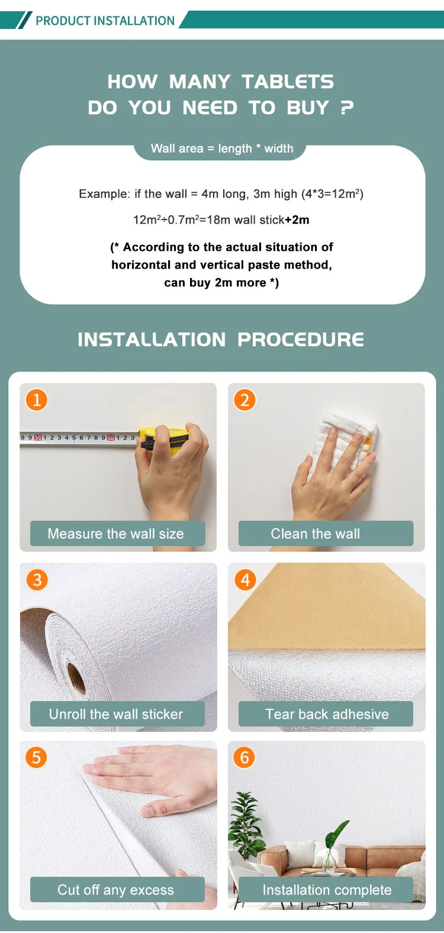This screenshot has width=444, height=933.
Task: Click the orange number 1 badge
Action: (37, 400)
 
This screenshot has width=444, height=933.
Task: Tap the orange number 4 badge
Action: (245, 579)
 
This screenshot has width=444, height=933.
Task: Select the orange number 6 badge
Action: (244, 757)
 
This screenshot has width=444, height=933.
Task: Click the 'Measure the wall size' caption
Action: (116, 534)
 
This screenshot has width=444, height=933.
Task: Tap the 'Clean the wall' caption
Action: (315, 534)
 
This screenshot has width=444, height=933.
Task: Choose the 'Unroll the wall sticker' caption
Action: (116, 714)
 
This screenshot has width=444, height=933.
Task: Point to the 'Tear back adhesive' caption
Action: (327, 714)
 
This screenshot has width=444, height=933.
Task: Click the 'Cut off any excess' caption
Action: (116, 890)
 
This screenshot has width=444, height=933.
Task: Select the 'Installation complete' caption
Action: (327, 890)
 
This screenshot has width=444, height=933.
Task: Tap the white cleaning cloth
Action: (346, 437)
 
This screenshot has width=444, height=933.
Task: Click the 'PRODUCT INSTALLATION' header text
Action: (105, 20)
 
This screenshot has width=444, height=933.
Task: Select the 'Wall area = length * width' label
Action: (222, 148)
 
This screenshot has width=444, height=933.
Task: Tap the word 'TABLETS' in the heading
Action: (288, 82)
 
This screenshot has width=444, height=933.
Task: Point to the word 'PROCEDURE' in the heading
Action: (301, 340)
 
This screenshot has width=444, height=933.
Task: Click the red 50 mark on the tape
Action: (38, 437)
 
